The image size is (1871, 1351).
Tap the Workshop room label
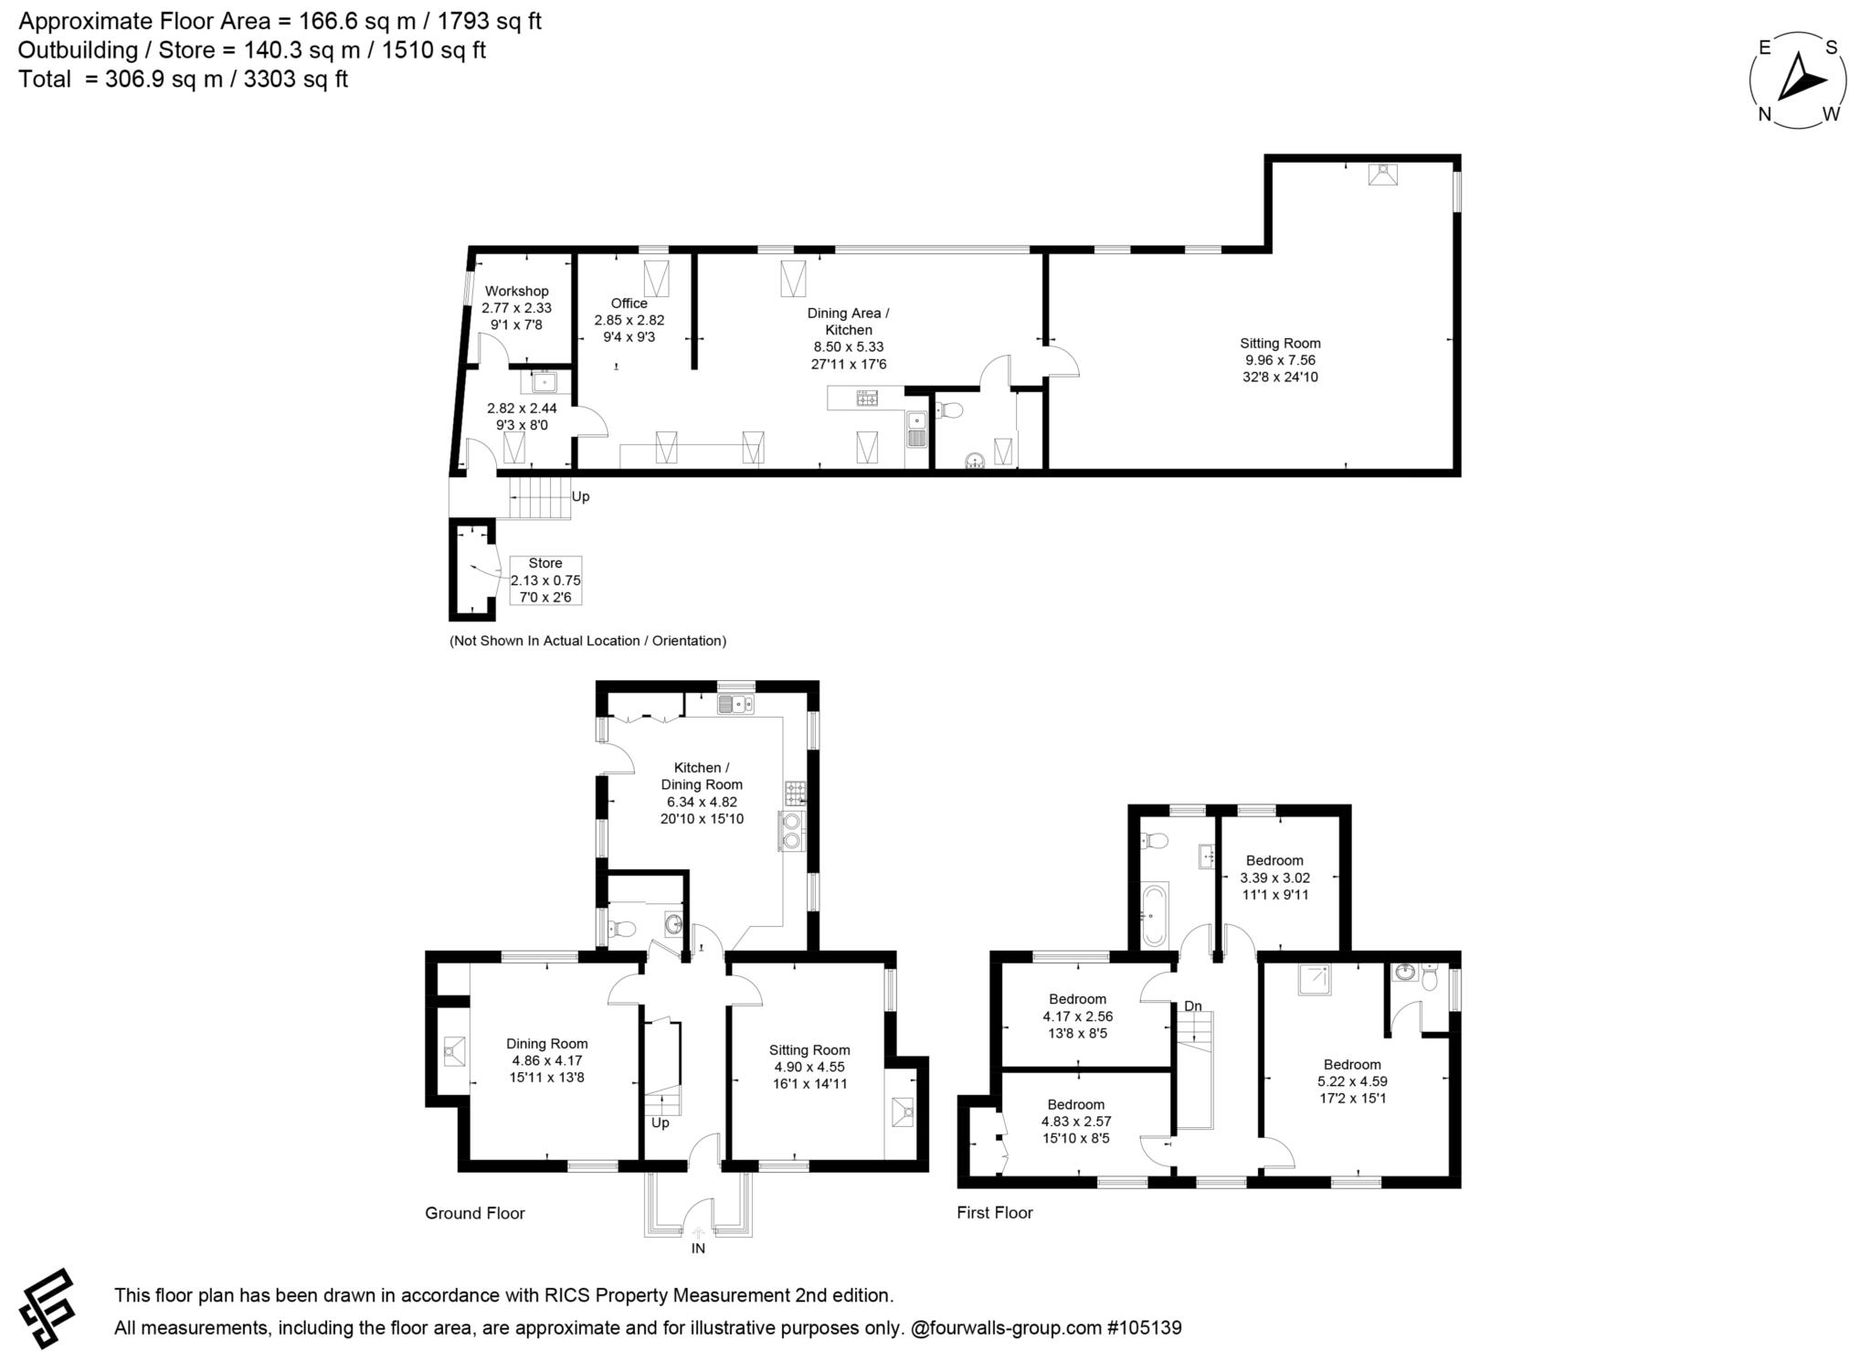click(x=516, y=308)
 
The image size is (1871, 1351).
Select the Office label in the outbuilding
click(x=629, y=319)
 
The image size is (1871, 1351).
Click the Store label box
click(x=545, y=580)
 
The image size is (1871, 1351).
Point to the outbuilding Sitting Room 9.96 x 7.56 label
click(x=1280, y=360)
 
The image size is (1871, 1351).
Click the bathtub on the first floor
click(x=1154, y=914)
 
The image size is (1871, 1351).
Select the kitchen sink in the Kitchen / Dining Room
click(x=735, y=704)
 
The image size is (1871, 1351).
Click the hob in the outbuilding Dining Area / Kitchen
click(x=866, y=399)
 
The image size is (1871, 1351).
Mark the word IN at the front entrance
click(x=698, y=1249)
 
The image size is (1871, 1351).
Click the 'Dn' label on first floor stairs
click(x=1193, y=1006)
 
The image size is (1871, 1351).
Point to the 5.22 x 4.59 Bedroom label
click(x=1352, y=1080)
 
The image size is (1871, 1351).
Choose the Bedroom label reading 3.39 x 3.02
click(x=1274, y=878)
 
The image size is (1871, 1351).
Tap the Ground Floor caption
click(x=475, y=1213)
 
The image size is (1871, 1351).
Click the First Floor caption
click(x=995, y=1213)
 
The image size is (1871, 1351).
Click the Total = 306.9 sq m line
click(x=183, y=80)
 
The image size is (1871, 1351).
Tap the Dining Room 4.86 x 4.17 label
click(x=547, y=1060)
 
